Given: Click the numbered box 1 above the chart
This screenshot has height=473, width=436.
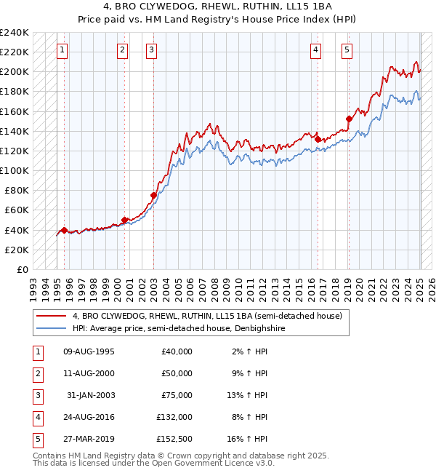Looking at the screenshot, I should (x=62, y=50).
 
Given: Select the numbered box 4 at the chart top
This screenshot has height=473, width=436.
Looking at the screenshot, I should (x=316, y=50).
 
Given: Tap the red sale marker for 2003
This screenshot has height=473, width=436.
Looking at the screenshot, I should (x=153, y=195).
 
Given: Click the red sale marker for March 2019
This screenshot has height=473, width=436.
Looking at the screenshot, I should (x=349, y=119).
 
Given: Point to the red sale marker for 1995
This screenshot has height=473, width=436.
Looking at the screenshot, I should (x=64, y=230).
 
